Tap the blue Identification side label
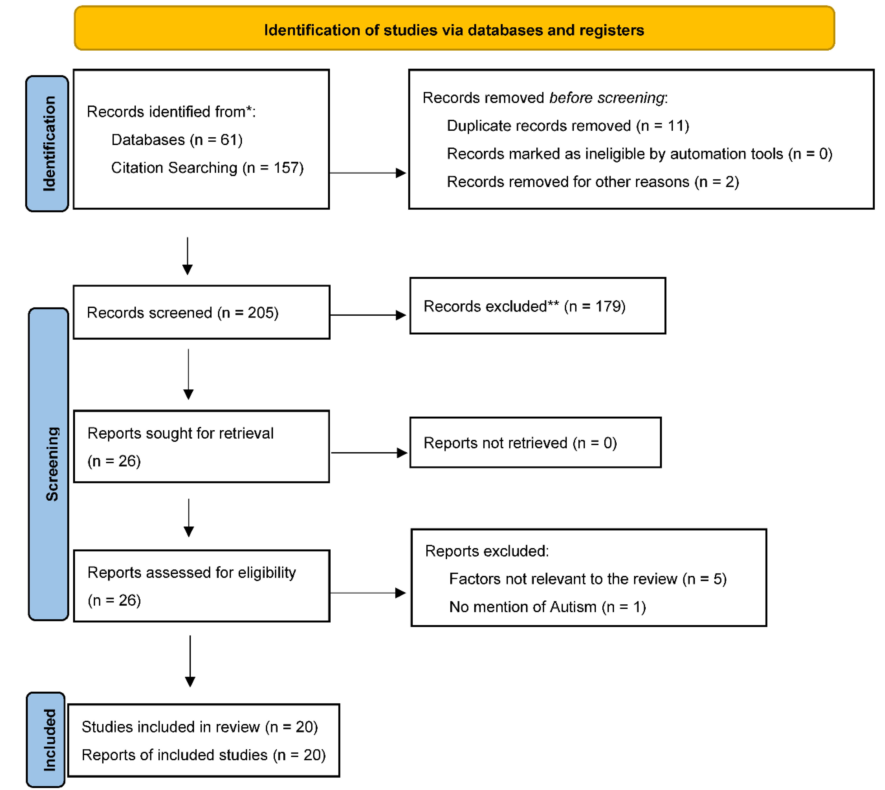(48, 144)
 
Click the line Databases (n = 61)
(177, 140)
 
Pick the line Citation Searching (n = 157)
(207, 168)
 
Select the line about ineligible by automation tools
(639, 154)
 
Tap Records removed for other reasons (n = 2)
(593, 181)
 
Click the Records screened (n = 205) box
(201, 312)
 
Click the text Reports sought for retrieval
(180, 433)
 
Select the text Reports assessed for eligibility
(191, 573)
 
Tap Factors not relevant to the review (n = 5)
(588, 578)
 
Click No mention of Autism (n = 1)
(547, 607)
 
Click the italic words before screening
(607, 98)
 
